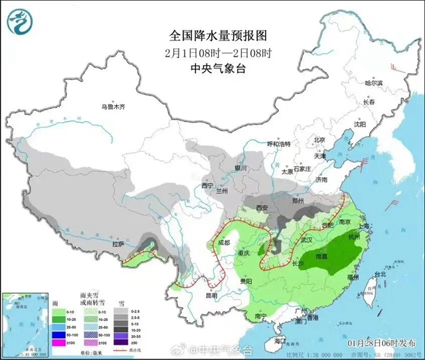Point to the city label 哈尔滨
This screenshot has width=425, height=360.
click(375, 83)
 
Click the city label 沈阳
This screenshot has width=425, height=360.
click(359, 124)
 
